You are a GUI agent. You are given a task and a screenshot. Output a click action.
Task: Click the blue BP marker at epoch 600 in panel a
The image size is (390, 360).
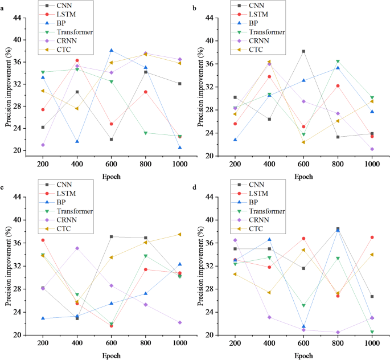[x=112, y=50]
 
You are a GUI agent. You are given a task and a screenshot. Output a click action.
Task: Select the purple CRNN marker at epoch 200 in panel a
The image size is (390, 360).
[x=43, y=145]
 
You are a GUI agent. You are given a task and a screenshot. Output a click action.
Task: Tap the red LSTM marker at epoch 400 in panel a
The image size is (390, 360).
[x=77, y=60]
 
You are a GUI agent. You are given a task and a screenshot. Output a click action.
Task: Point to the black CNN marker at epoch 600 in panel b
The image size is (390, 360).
[x=304, y=51]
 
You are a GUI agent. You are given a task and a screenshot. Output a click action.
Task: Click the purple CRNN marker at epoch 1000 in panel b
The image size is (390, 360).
[x=372, y=149]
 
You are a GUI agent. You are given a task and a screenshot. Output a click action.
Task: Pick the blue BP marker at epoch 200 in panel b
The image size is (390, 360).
[x=235, y=140]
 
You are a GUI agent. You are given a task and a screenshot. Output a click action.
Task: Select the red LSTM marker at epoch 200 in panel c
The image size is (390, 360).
[x=43, y=240]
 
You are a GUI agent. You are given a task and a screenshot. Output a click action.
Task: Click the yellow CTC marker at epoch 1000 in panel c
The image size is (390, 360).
[x=179, y=234]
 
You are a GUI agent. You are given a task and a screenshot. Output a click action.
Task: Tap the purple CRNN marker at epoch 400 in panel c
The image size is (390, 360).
[x=77, y=248]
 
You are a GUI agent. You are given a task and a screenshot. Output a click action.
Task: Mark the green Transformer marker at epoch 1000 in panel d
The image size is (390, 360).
[x=372, y=332]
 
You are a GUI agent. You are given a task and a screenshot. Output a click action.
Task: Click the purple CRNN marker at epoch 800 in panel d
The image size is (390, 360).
[x=338, y=332]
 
